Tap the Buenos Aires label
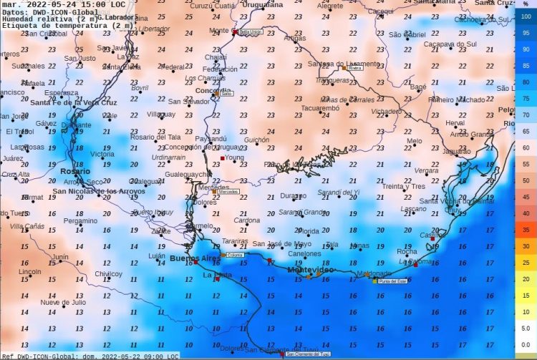point(195,258)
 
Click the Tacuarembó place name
point(319,108)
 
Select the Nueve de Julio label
point(63,302)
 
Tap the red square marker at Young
point(223,157)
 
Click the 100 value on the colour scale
point(525,16)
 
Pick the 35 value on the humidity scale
point(525,230)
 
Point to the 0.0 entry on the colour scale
point(525,344)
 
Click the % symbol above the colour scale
point(525,5)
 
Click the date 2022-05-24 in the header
point(51,4)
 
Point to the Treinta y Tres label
point(403,186)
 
